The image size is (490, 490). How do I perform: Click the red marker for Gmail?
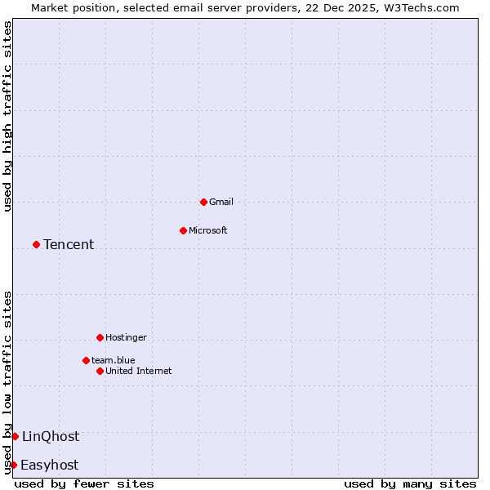203,202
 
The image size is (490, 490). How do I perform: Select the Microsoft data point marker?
183,230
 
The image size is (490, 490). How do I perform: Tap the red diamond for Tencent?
36,244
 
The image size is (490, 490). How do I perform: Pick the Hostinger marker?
100,337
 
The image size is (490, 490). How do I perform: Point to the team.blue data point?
86,360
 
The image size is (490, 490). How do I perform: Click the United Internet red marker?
100,371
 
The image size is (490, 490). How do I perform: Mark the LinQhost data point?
15,436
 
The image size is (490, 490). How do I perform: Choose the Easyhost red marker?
13,465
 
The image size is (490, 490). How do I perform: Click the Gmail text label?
221,202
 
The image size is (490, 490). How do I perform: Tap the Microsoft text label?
208,230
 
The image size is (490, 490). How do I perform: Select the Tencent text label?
69,244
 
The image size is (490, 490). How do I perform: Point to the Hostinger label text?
127,337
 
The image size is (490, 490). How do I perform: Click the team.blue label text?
114,360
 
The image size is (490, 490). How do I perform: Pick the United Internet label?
139,371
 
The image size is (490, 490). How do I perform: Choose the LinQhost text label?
51,436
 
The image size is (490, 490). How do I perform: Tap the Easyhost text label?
50,465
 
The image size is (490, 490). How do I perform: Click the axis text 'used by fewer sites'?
84,483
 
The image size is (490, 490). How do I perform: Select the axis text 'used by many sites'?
410,483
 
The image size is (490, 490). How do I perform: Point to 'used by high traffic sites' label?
7,116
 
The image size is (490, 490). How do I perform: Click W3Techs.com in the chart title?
421,7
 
